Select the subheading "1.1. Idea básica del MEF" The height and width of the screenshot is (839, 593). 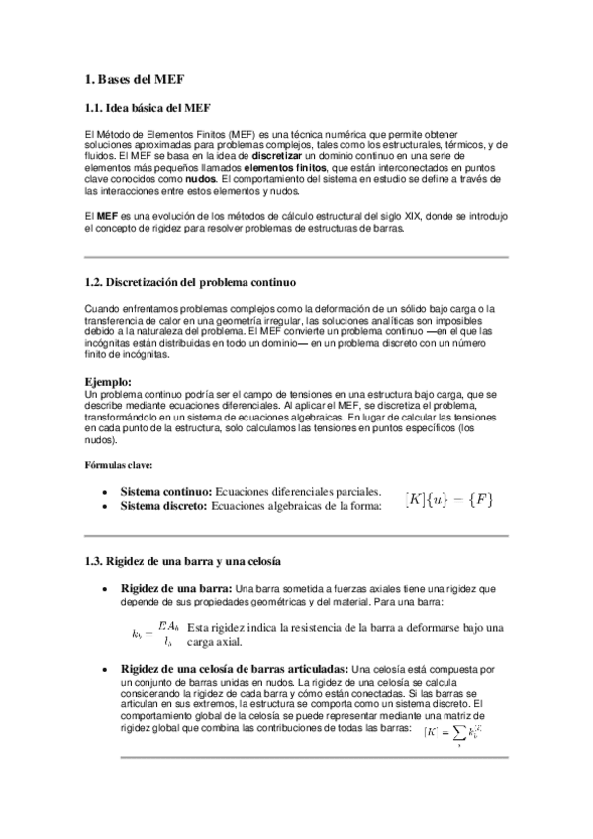point(148,108)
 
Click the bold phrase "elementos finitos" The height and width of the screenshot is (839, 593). point(288,168)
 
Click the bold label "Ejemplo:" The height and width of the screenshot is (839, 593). point(108,381)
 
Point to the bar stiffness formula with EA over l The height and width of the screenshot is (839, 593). point(154,634)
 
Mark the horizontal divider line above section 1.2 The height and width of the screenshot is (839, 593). point(296,257)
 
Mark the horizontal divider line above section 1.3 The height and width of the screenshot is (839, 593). point(296,535)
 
